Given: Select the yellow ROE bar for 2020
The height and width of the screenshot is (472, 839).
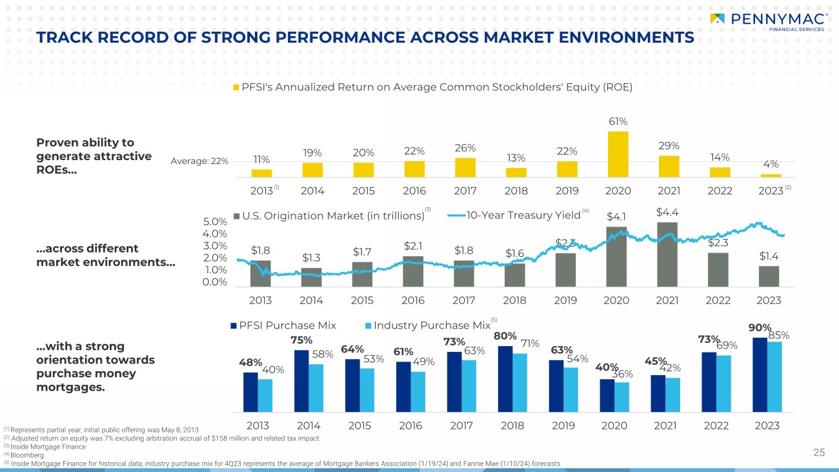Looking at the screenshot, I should pos(618,154).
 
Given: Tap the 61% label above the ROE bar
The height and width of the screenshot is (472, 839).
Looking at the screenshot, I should pos(618,121).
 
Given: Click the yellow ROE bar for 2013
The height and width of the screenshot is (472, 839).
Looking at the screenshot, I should pos(261,173).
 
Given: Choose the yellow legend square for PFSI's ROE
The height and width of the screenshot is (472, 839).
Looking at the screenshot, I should pos(236,87).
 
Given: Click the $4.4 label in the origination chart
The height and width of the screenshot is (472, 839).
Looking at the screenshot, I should pos(667,212).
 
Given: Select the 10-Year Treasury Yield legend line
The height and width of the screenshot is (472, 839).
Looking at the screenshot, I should pos(455,216).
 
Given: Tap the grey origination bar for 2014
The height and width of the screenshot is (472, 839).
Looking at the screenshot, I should pos(311,277).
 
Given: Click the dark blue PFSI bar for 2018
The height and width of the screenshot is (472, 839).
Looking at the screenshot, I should pos(506,378).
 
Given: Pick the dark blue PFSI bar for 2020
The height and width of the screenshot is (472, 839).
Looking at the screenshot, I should pos(607,395).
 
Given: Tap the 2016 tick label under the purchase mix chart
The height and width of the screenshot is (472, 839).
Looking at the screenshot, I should pos(410,426).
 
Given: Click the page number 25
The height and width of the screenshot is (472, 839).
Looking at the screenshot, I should pos(819,452).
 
